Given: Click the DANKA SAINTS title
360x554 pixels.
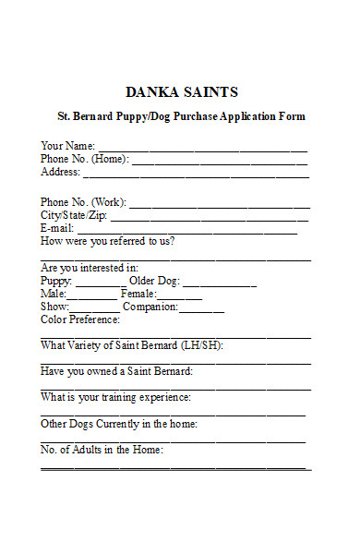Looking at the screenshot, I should click(181, 92).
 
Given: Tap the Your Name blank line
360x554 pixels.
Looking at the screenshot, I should click(203, 148).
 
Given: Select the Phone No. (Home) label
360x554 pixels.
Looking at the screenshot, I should click(84, 159).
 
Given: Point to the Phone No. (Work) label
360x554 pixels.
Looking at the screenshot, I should click(84, 202).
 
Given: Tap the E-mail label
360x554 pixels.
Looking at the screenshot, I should click(56, 229).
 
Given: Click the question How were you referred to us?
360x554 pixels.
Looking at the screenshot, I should click(108, 242).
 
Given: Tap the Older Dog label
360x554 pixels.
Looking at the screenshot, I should click(154, 281).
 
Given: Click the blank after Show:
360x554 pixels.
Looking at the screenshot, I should click(95, 309).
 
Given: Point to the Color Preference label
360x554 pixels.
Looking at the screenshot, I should click(80, 319).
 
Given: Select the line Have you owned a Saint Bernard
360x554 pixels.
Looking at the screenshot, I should click(116, 371).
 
